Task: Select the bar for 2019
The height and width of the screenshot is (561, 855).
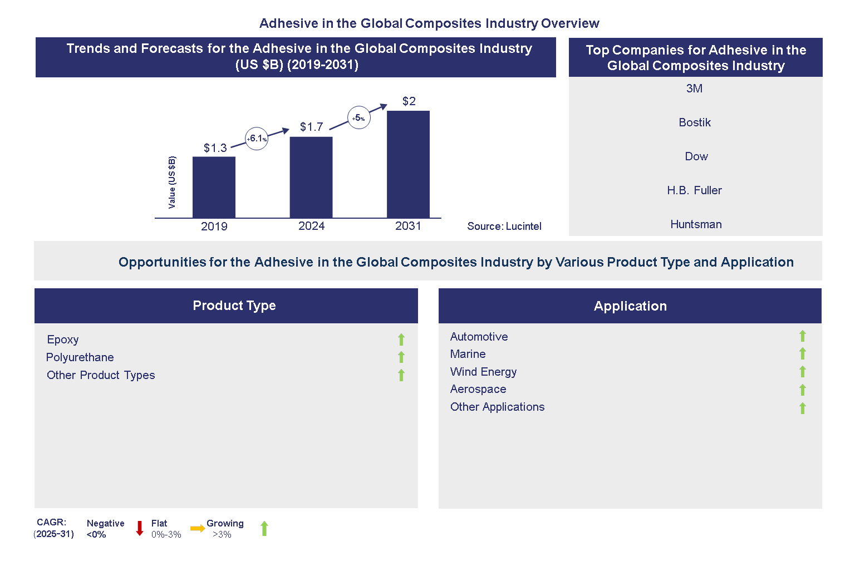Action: click(214, 187)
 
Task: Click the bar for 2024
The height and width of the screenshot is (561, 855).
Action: click(311, 177)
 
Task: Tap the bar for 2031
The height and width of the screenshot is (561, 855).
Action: click(408, 164)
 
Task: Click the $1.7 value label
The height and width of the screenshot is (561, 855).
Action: click(311, 127)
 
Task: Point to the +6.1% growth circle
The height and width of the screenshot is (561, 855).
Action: click(257, 139)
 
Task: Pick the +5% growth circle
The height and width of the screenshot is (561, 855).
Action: click(359, 118)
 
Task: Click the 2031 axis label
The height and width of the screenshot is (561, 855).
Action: click(408, 226)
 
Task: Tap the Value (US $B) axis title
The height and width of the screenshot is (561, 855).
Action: click(172, 183)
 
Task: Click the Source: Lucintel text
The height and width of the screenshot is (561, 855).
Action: click(504, 227)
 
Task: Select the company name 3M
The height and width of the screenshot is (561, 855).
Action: click(694, 88)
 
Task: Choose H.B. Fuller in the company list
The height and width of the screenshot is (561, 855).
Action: click(694, 190)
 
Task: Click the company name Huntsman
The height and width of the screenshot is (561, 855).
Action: click(696, 224)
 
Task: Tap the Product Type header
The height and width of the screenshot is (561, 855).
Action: click(234, 306)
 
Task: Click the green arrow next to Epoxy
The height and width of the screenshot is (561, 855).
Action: click(401, 339)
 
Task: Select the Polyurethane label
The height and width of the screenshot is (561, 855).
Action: click(80, 357)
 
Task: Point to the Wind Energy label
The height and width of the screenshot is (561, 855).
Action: click(483, 372)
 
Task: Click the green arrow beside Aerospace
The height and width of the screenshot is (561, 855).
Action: click(803, 390)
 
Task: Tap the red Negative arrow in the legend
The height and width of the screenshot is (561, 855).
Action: click(140, 528)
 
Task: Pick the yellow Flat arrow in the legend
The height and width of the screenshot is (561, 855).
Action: click(198, 529)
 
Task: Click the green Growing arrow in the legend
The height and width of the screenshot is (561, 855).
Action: click(264, 529)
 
